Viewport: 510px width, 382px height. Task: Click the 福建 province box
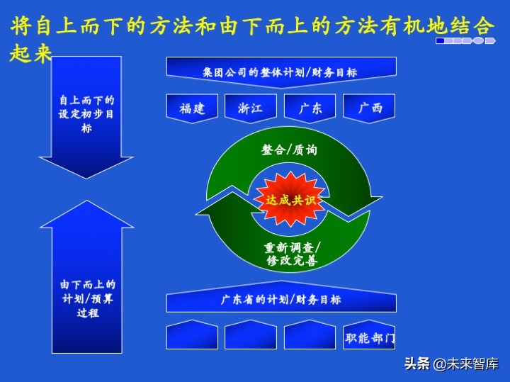point(193,108)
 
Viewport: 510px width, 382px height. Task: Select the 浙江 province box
point(251,108)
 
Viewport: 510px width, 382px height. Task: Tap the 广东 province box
point(310,108)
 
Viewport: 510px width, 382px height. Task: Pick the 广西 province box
point(369,108)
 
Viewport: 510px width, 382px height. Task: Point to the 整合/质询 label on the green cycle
point(289,150)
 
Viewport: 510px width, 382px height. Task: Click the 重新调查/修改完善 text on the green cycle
point(291,254)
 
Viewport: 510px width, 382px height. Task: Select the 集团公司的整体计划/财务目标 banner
point(281,72)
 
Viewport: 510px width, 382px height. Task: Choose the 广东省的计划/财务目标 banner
point(281,300)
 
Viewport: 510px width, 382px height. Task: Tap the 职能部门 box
point(369,337)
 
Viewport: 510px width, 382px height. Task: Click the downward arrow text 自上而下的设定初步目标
point(86,114)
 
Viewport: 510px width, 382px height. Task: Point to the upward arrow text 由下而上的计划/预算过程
point(86,298)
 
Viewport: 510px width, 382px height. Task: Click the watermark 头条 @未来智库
point(451,364)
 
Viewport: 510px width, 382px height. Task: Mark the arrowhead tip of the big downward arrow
point(86,177)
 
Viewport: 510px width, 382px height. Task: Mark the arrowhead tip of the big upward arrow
point(86,202)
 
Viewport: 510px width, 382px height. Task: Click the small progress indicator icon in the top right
point(464,41)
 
